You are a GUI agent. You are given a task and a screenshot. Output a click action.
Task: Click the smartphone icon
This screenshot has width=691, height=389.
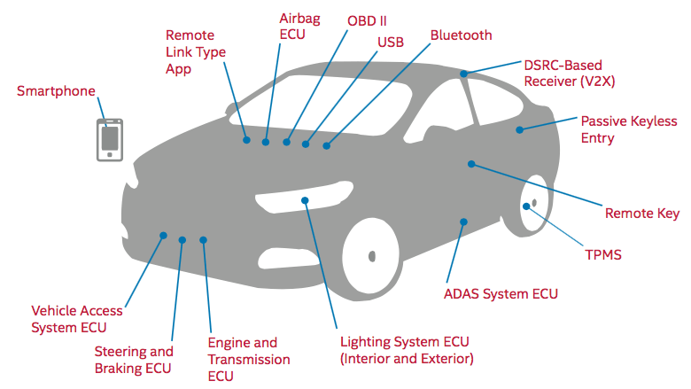tap(110, 139)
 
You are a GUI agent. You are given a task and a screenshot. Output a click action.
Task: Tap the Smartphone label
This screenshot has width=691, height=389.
tap(56, 91)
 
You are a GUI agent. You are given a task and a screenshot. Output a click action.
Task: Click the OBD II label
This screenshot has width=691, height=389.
tap(368, 19)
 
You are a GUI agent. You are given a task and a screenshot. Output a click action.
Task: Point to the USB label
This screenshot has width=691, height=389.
tap(391, 42)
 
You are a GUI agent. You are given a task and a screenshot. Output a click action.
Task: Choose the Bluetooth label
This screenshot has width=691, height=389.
tap(461, 35)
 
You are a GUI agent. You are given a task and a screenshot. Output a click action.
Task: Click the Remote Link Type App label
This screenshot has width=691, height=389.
tap(196, 52)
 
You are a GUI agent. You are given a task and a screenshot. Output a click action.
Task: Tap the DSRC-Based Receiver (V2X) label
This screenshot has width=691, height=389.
tap(569, 73)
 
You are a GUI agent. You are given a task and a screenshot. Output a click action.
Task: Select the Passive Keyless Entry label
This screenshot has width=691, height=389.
tap(628, 128)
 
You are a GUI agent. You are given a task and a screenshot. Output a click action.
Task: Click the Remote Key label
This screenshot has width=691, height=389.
tap(642, 214)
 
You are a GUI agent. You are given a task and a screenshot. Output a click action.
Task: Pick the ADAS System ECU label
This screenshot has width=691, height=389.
tap(501, 293)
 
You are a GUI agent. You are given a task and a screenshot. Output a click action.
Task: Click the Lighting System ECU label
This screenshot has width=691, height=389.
tap(407, 350)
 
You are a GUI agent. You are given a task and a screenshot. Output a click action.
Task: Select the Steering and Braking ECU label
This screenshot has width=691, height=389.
tap(134, 360)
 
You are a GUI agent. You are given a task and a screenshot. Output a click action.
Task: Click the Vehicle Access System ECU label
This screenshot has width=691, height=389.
tap(77, 319)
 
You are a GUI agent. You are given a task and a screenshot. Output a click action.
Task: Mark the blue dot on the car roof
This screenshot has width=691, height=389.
tap(464, 73)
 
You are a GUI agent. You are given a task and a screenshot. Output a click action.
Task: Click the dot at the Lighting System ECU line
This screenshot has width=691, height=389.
tap(305, 201)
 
